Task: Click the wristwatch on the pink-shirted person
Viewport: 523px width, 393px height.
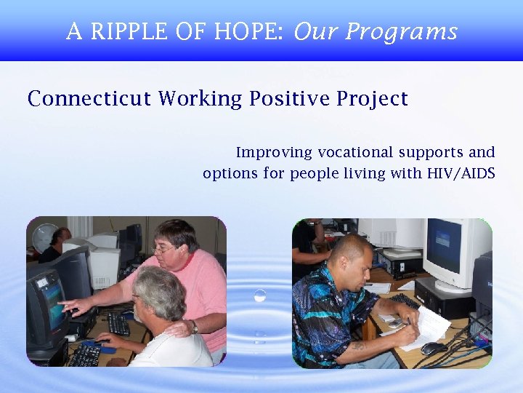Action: [194, 327]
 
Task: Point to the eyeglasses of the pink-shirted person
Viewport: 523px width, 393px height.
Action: [163, 250]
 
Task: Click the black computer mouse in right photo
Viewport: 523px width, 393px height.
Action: [434, 349]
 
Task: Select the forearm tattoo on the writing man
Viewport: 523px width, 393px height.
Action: [358, 346]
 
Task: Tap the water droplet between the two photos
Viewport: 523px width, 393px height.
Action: [259, 295]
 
